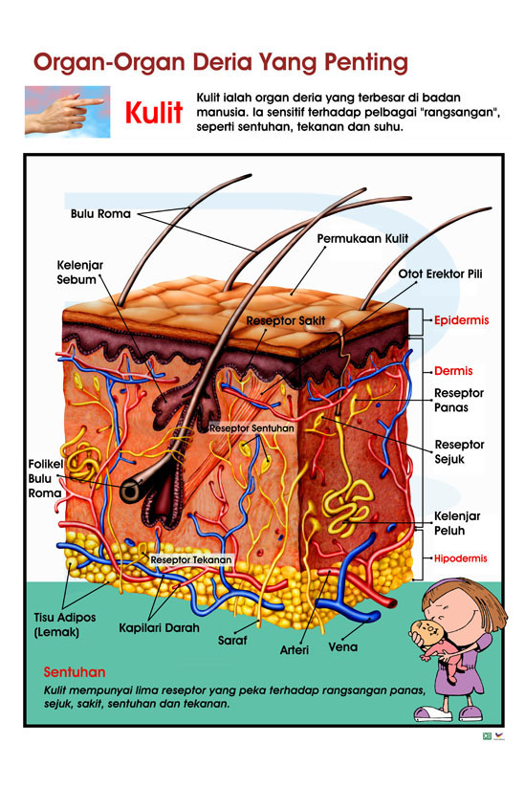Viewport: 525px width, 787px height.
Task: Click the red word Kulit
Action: (x=154, y=112)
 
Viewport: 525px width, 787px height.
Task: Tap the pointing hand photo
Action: (x=67, y=112)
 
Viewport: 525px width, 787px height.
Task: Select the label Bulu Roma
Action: (x=100, y=214)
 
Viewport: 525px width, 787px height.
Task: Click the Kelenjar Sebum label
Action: (x=79, y=272)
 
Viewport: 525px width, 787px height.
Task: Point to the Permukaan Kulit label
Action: (x=362, y=238)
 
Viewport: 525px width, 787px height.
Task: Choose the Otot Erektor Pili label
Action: (x=440, y=274)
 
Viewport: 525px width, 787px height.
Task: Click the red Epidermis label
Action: (x=461, y=320)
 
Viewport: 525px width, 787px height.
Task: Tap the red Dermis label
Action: (x=453, y=371)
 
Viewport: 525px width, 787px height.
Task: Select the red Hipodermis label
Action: (x=460, y=558)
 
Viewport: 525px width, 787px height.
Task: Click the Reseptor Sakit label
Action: (x=286, y=320)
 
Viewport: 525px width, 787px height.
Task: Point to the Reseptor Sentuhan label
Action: (x=252, y=428)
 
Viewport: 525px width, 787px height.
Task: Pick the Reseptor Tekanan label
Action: (x=191, y=559)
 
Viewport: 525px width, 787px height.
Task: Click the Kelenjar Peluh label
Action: (x=457, y=523)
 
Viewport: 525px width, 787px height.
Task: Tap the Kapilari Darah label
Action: (x=159, y=628)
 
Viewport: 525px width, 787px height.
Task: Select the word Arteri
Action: (x=295, y=650)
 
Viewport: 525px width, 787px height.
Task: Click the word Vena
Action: (x=342, y=647)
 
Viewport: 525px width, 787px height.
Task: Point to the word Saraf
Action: (x=232, y=641)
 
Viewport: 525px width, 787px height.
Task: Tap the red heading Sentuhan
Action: (x=75, y=672)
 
